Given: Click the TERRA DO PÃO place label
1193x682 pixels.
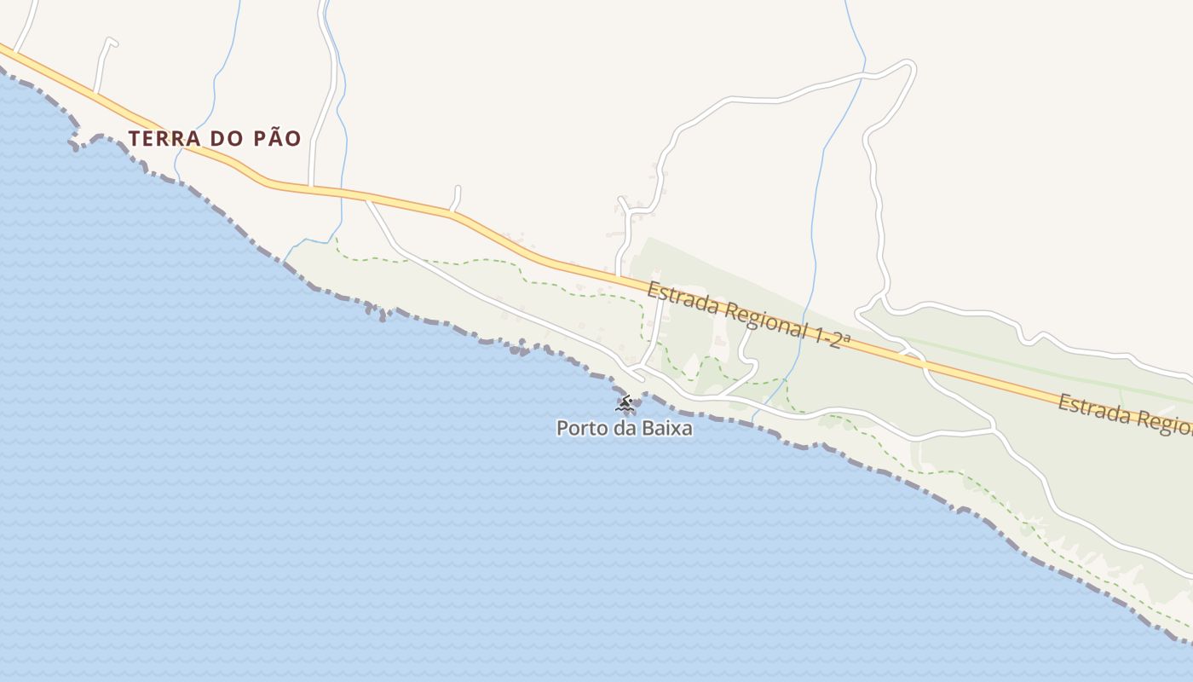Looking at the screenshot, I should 215,138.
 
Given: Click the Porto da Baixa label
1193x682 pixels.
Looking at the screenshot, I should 624,428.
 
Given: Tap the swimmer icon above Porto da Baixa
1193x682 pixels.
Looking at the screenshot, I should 625,402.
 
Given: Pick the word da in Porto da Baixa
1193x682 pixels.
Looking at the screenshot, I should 624,428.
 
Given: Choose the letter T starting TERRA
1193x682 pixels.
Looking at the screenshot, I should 134,138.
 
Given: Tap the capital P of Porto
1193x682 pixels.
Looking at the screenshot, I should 562,428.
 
